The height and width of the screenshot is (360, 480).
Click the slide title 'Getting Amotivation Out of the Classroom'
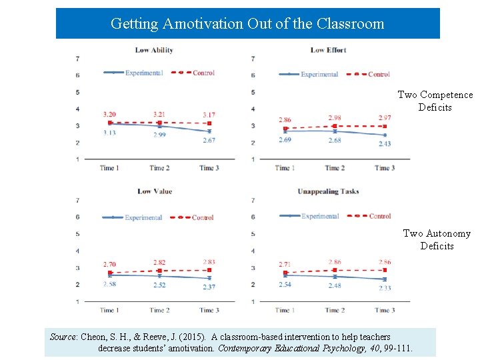coord(247,24)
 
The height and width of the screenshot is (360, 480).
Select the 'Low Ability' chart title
coord(154,50)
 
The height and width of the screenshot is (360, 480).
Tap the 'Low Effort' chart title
coord(328,50)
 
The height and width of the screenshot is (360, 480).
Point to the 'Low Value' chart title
coord(154,191)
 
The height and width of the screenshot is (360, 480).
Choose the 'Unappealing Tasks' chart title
coord(328,191)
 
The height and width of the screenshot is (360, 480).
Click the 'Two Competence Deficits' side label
coord(435,101)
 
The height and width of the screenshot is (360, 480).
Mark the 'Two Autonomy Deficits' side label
coord(437,239)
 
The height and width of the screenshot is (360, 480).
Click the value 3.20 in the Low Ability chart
coord(110,115)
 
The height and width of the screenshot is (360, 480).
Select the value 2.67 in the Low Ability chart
coord(209,140)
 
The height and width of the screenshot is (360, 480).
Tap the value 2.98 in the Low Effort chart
coord(335,118)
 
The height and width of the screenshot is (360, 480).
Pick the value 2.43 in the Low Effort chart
coord(384,144)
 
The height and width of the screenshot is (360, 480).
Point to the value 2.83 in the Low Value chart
coord(209,262)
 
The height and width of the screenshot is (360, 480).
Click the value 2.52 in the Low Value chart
coord(159,285)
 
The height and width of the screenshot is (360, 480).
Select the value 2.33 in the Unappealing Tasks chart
coord(385,288)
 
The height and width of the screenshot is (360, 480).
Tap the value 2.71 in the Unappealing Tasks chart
coord(285,265)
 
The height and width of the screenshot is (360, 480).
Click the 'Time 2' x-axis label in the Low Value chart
coord(158,310)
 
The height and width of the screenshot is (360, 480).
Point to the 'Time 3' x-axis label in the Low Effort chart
coord(384,168)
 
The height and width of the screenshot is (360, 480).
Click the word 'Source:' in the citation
coord(64,337)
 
